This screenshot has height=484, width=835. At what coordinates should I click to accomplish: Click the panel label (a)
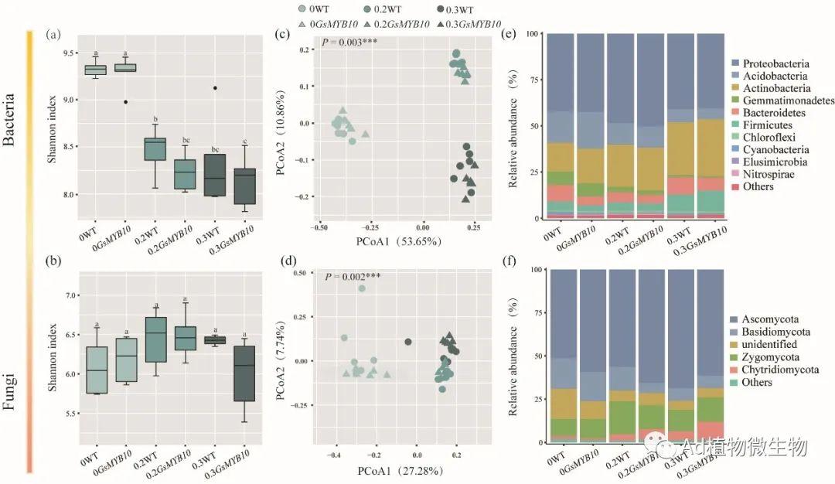[x=53, y=35]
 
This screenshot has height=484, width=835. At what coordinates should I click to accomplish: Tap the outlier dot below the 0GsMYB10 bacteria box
[x=125, y=101]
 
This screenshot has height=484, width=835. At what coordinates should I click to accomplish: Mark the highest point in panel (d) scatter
[x=361, y=289]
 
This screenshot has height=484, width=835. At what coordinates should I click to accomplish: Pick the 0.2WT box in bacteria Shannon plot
[x=155, y=148]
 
